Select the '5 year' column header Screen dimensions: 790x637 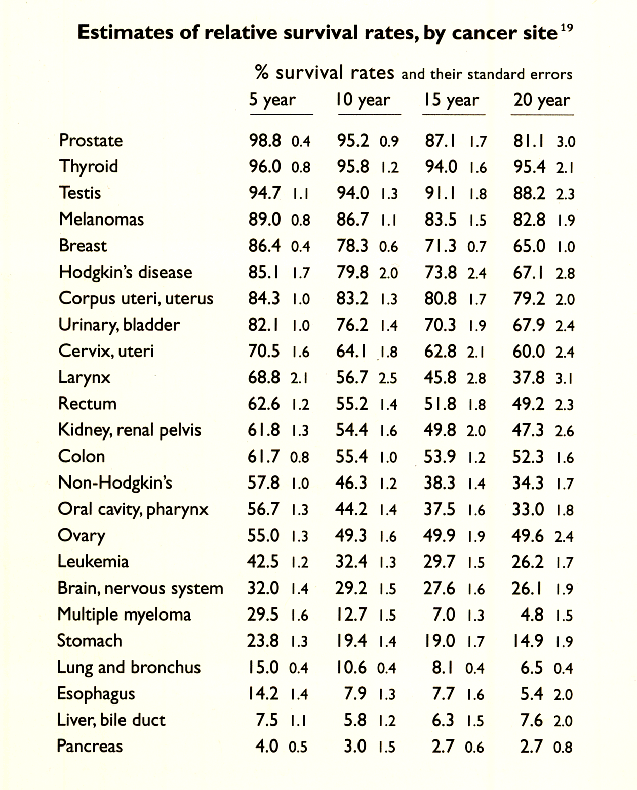272,100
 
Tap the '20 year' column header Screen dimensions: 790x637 541,100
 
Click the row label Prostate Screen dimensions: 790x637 91,140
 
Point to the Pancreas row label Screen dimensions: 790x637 90,746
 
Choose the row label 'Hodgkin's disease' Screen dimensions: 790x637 125,272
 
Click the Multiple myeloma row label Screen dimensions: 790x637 124,615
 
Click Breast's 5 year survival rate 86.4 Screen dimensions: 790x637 264,246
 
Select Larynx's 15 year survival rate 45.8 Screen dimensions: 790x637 441,377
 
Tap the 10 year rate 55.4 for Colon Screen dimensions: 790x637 352,456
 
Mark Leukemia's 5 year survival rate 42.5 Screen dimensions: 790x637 263,562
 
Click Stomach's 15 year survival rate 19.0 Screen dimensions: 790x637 440,641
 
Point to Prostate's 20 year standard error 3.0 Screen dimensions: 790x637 566,142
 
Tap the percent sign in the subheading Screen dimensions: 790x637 262,73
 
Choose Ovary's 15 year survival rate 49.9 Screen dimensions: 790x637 440,536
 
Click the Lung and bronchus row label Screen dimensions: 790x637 129,667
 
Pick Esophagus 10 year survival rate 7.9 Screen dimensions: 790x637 355,693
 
